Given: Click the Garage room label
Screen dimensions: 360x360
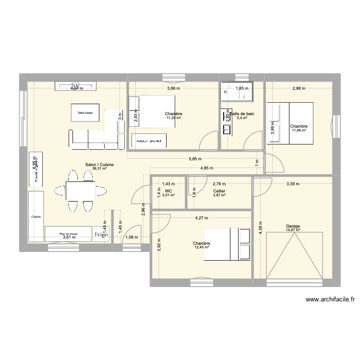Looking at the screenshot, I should click(292, 226).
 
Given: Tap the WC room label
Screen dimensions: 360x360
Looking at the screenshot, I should click(168, 191).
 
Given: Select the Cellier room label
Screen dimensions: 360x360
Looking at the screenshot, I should click(219, 191).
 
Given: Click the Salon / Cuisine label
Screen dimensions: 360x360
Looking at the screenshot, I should click(99, 164).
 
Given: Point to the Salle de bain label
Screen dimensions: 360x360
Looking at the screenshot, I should click(243, 114).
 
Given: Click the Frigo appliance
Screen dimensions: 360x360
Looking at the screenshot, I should click(101, 234).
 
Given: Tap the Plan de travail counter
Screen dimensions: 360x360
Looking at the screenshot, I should click(68, 234).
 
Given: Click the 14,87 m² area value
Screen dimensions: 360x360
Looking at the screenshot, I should click(292, 230).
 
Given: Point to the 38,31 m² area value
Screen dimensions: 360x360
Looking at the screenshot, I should click(99, 168).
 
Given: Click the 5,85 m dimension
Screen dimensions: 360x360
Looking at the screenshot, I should click(195, 159).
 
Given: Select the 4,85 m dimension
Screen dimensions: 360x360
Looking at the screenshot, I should click(207, 168).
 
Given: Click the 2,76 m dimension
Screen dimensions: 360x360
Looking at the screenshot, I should click(219, 183).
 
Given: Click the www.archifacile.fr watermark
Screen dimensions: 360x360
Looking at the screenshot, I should click(329, 299).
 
